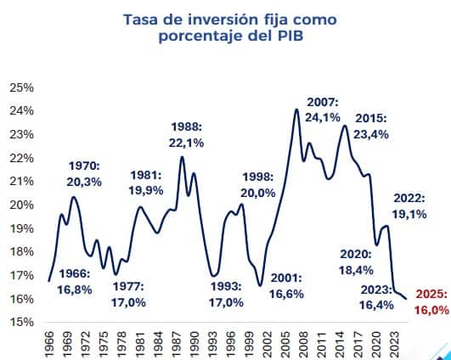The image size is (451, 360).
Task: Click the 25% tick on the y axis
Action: point(21,87)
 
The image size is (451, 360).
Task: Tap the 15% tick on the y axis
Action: point(21,322)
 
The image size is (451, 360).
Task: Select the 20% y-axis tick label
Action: point(21,205)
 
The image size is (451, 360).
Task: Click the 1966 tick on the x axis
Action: point(49,341)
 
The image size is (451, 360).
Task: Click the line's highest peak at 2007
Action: point(296,109)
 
